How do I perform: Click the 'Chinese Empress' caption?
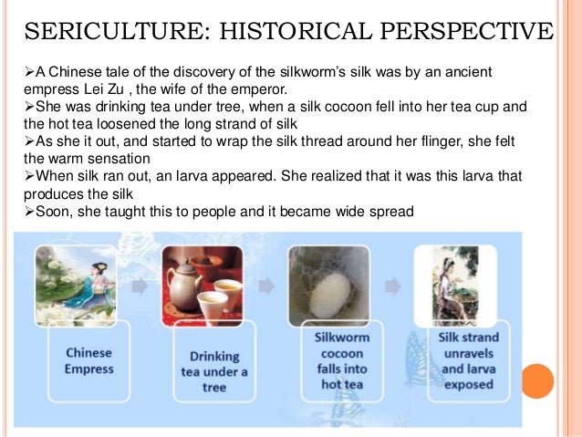pos(88,360)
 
